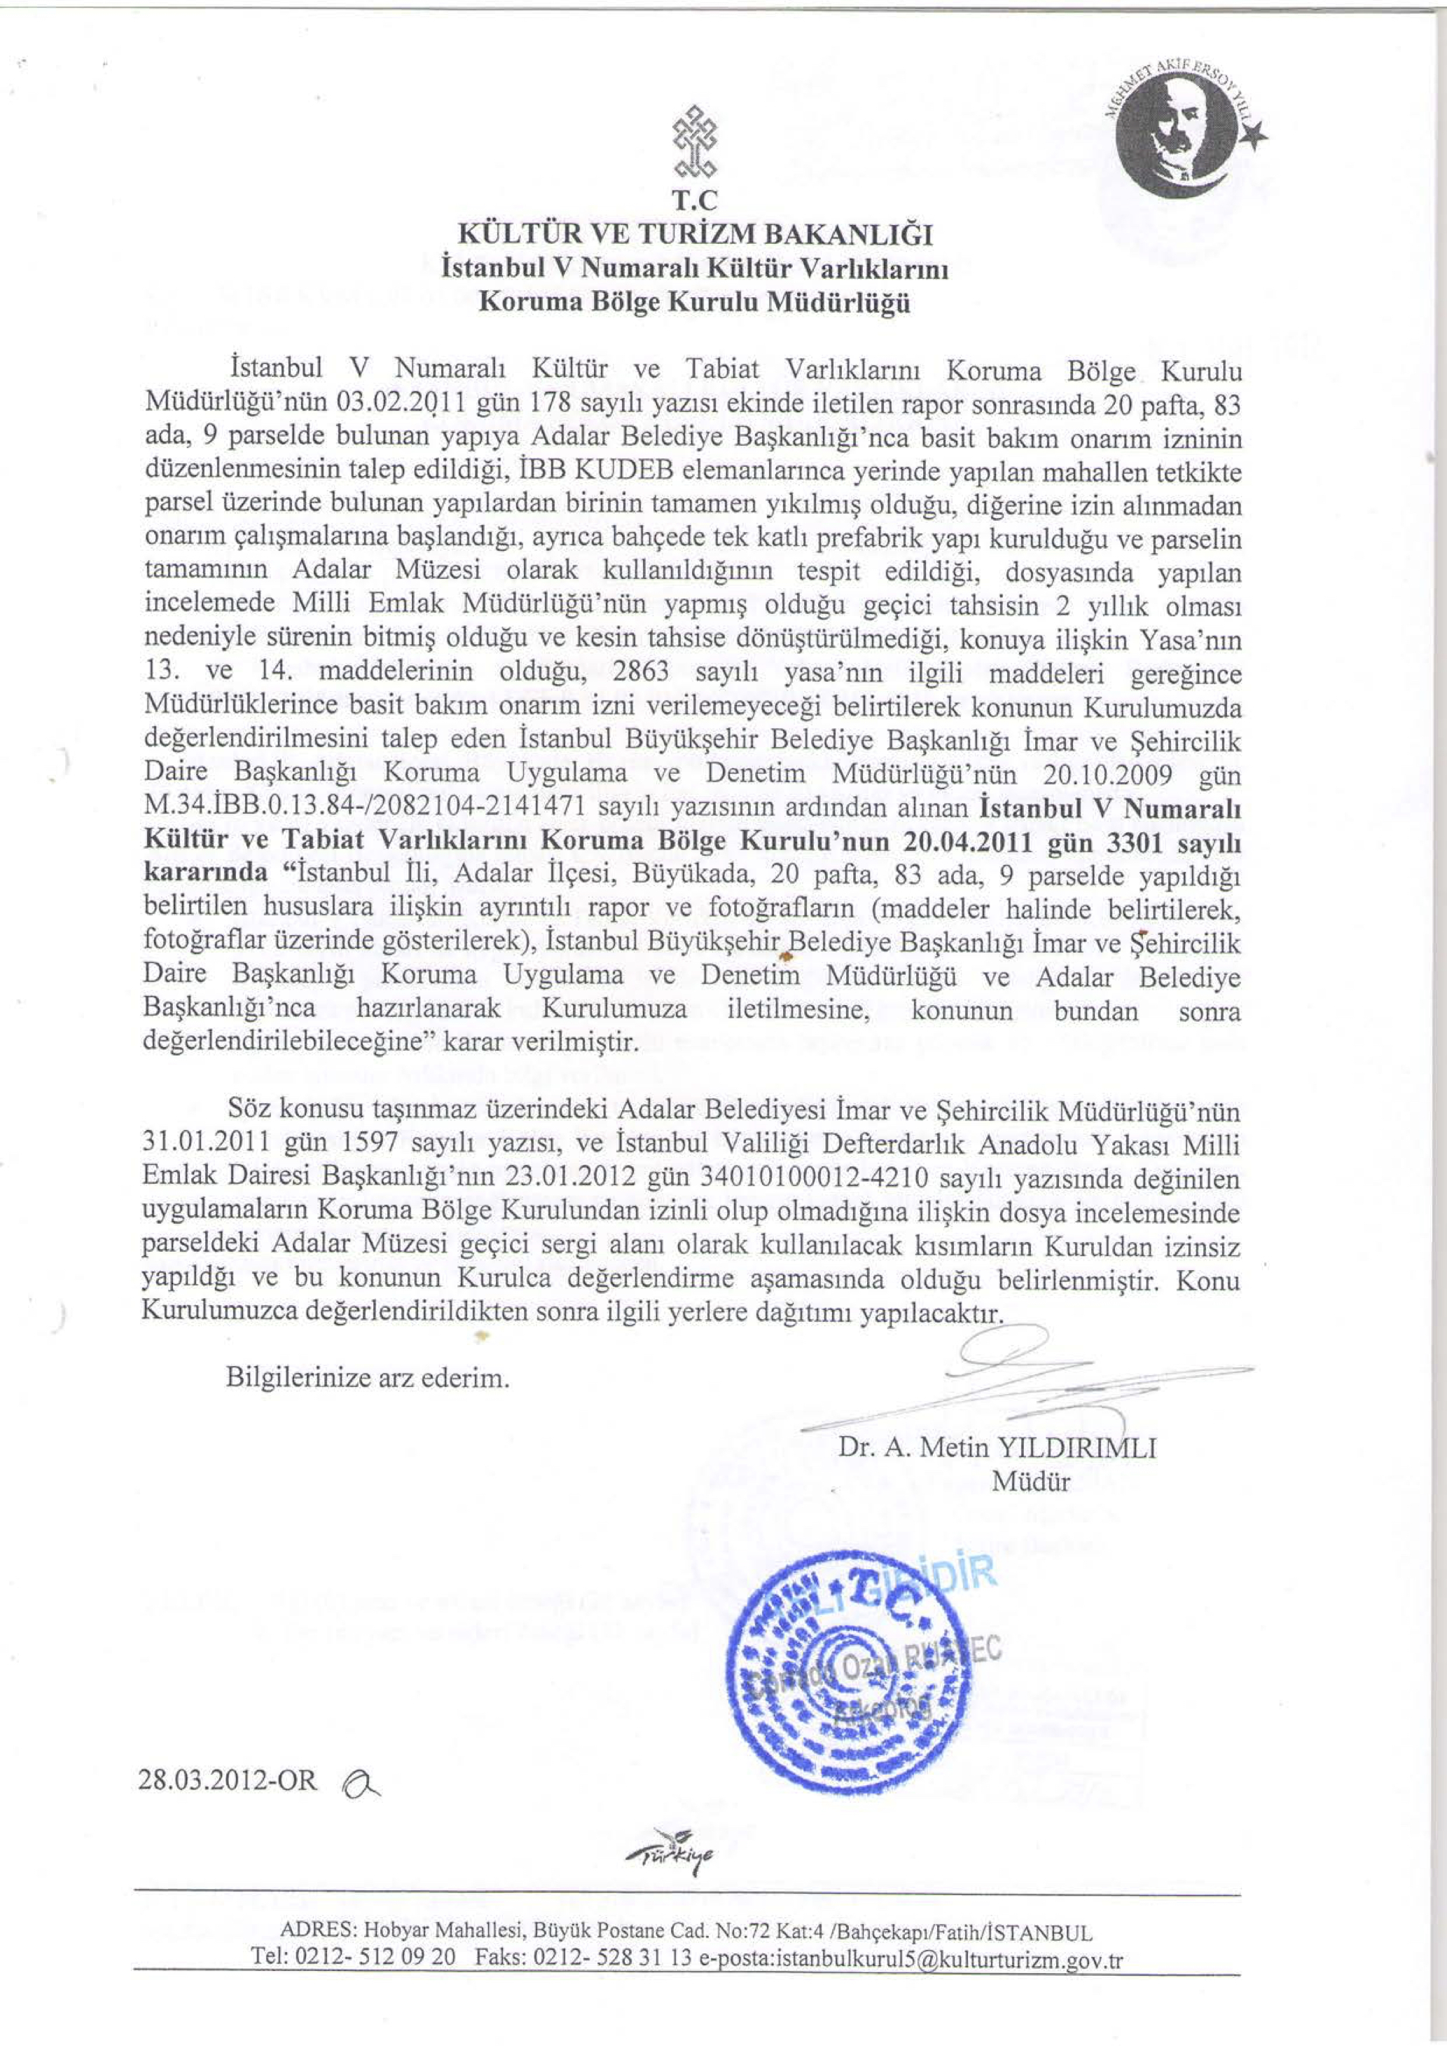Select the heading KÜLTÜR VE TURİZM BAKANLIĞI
pyautogui.click(x=695, y=235)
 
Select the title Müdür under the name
pyautogui.click(x=1031, y=1482)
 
